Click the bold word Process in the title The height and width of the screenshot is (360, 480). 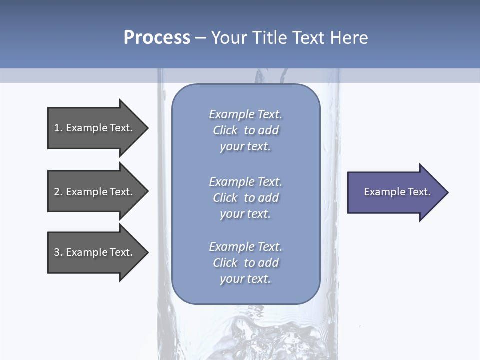click(157, 38)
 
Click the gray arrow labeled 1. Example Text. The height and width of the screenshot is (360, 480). click(95, 128)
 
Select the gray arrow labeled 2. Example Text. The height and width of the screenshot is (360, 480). click(95, 192)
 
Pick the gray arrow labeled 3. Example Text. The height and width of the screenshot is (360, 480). click(95, 252)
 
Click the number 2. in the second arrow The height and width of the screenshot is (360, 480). click(58, 192)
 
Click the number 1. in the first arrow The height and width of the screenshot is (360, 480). click(58, 128)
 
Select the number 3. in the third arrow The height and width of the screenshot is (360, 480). click(58, 252)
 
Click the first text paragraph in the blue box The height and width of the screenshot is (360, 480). click(245, 130)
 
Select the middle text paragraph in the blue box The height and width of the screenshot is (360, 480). click(245, 198)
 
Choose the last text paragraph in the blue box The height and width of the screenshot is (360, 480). click(245, 263)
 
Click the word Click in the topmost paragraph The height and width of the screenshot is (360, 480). click(225, 130)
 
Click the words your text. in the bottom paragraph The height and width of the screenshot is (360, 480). click(245, 279)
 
